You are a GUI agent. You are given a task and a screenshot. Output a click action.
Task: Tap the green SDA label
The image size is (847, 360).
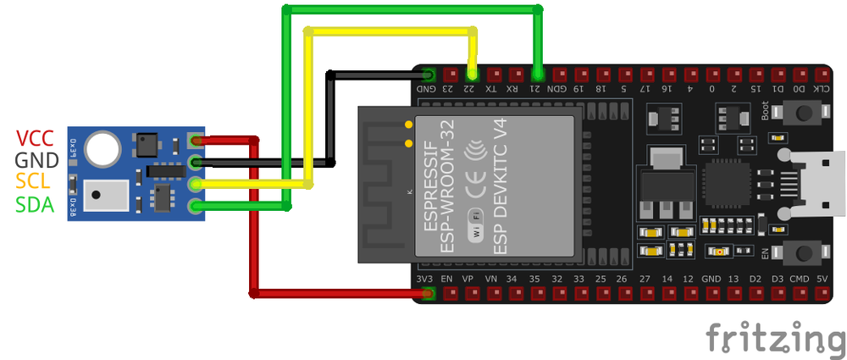(x=36, y=204)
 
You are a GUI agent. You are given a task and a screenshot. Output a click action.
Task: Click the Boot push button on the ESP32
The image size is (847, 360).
(x=800, y=113)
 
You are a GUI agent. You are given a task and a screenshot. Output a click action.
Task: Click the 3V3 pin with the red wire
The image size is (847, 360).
(x=429, y=294)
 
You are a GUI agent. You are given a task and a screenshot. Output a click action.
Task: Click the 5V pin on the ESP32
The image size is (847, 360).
(x=821, y=294)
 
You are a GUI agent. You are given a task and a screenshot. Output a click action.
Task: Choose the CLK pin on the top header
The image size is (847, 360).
(x=821, y=74)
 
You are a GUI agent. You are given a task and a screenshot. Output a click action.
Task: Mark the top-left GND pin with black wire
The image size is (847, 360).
(x=429, y=74)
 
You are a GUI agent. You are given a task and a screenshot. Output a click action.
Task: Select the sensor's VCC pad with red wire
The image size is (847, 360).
(x=197, y=140)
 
